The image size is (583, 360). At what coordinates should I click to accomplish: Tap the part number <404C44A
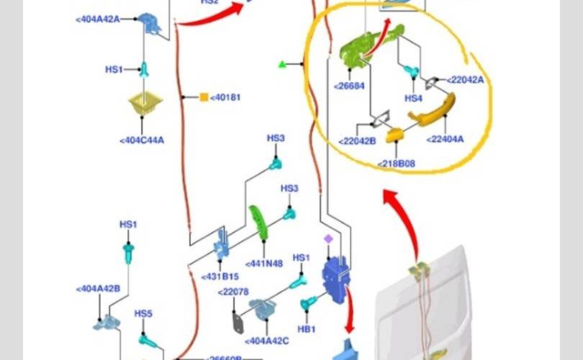[x=142, y=140]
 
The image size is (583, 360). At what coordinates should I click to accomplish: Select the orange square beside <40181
[x=204, y=96]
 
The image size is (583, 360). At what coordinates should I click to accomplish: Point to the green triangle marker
[x=282, y=65]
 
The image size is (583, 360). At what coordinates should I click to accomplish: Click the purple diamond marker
[x=328, y=238]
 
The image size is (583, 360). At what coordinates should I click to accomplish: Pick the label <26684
[x=349, y=86]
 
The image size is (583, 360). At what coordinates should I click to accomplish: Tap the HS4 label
[x=413, y=98]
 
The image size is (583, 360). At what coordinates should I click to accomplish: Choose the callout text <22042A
[x=465, y=80]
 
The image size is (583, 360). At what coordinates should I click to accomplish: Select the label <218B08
[x=397, y=164]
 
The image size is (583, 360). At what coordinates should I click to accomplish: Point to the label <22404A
[x=445, y=139]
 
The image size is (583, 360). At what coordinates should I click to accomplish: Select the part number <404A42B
[x=98, y=289]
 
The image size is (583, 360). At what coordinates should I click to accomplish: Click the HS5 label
[x=143, y=314]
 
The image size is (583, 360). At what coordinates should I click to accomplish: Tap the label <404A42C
[x=267, y=341]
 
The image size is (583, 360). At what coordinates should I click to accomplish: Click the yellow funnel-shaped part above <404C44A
[x=145, y=104]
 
